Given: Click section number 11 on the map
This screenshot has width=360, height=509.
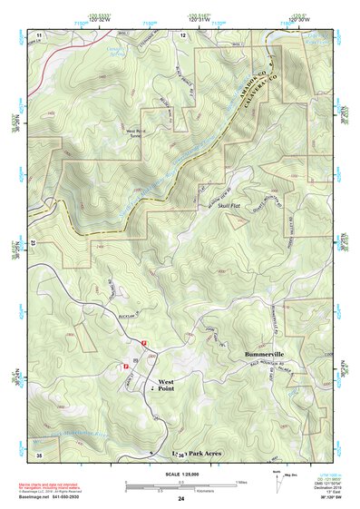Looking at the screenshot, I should [x=39, y=34].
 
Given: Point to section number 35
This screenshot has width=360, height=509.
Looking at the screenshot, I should [x=38, y=453].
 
